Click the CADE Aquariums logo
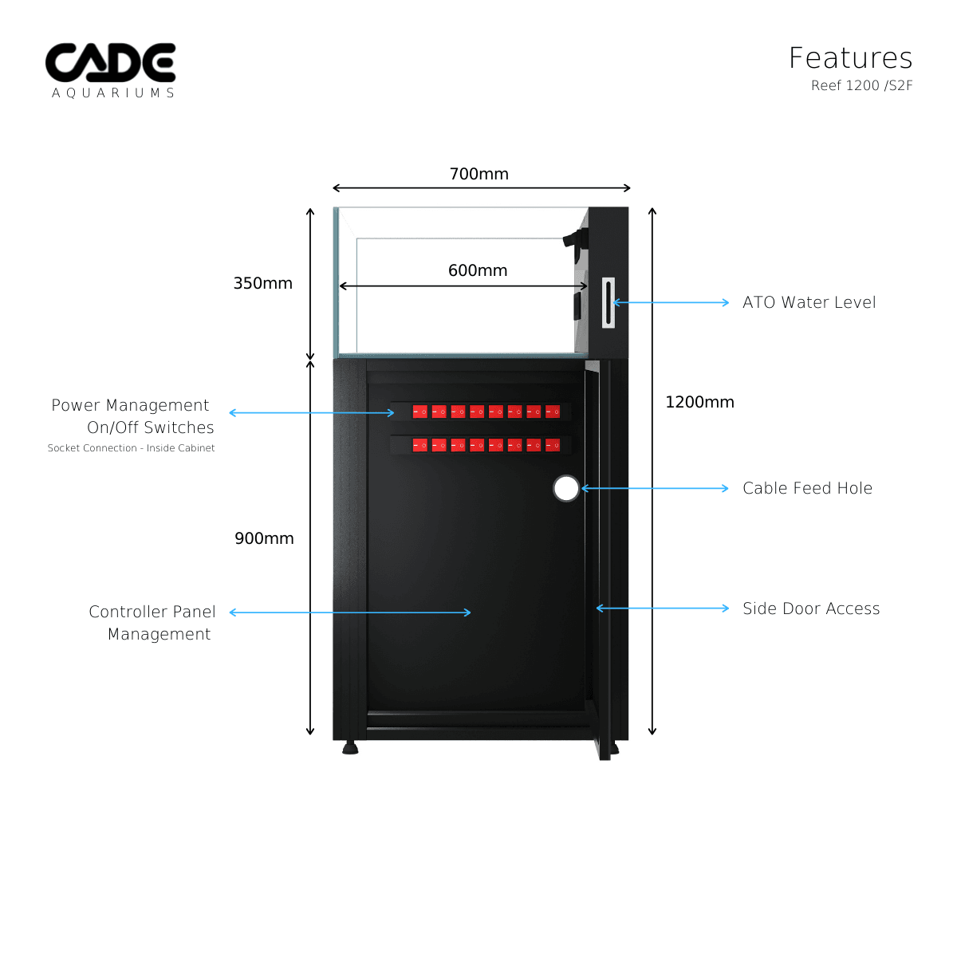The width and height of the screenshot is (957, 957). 110,70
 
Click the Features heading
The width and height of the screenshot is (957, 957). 850,58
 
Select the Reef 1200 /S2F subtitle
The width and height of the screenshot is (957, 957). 861,85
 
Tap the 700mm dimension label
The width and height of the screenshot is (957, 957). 478,174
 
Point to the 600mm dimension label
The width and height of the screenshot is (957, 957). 478,270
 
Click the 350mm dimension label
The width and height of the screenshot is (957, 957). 262,283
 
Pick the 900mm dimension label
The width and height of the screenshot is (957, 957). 264,538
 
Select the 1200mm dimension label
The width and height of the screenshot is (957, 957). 699,402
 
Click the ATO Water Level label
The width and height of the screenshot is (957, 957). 809,302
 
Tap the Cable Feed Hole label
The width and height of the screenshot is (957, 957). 807,488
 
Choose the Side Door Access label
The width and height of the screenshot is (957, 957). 811,608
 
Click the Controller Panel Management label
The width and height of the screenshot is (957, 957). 152,623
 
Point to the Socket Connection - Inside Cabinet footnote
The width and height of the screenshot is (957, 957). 131,448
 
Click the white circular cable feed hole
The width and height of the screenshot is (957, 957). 566,488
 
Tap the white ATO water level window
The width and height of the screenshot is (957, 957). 608,302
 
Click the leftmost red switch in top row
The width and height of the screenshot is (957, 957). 419,412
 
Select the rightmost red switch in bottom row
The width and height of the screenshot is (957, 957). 553,445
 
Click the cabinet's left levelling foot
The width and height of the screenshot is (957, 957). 350,748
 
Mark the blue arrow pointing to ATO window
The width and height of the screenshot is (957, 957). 670,302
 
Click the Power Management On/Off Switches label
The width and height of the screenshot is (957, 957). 132,416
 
